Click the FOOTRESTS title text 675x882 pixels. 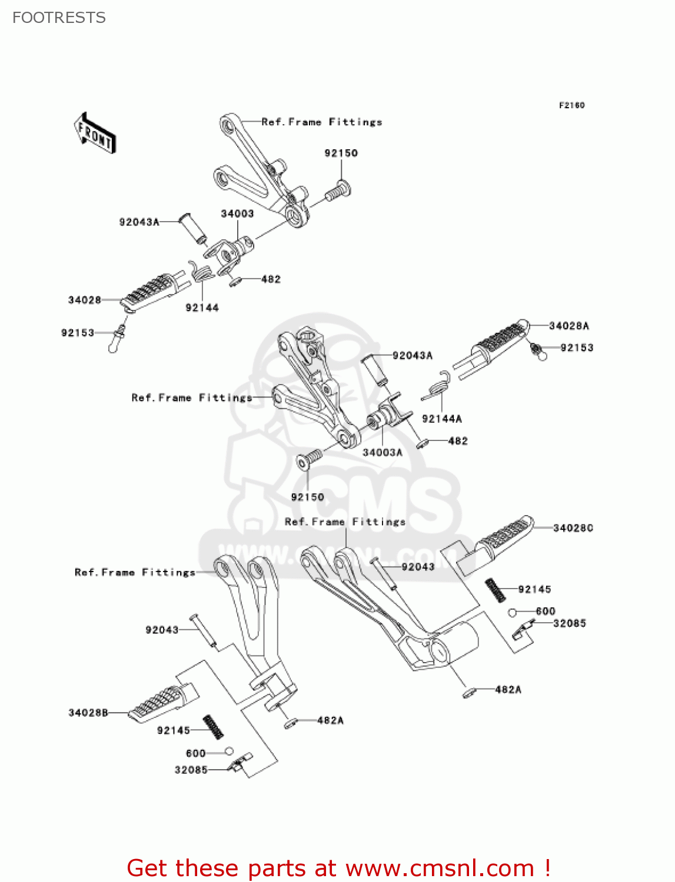click(59, 18)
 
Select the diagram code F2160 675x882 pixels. click(571, 105)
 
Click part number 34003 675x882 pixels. click(237, 213)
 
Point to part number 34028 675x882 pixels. click(85, 300)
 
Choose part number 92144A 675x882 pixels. click(442, 419)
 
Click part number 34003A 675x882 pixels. click(383, 452)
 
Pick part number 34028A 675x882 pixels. click(568, 326)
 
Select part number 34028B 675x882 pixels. click(88, 713)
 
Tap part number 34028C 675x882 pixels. click(573, 528)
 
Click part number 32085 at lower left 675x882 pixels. click(191, 770)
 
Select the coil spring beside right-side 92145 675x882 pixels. click(495, 590)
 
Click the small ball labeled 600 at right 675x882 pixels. click(512, 612)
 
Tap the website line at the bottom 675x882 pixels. click(338, 868)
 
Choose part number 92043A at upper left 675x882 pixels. click(139, 222)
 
